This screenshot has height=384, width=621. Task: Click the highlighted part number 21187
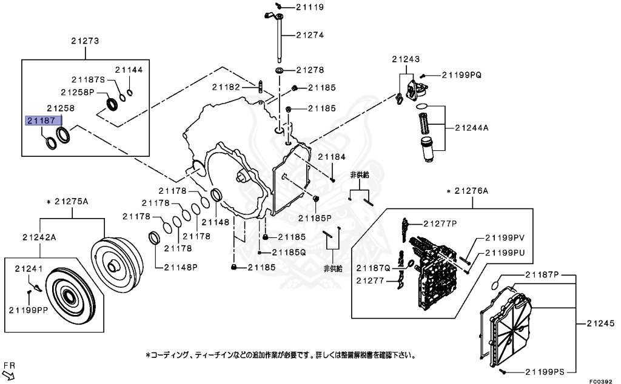point(44,120)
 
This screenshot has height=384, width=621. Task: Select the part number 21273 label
point(85,41)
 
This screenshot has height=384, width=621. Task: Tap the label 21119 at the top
point(309,7)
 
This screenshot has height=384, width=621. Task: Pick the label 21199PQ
point(461,74)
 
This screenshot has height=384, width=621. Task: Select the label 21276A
point(471,191)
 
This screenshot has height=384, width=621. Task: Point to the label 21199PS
point(545,371)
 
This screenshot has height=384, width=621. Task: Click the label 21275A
point(71,201)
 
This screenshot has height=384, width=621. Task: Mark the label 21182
point(226,87)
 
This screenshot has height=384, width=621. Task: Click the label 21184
point(331,156)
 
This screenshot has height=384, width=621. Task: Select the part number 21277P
point(442,223)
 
